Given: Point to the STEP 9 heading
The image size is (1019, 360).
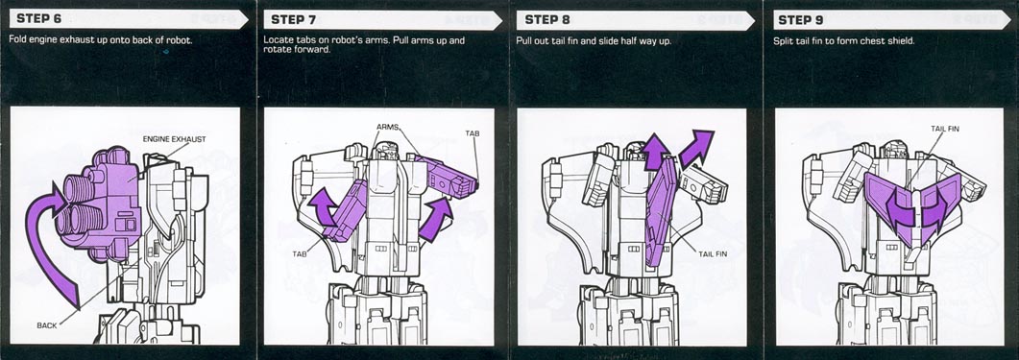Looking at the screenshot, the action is coord(800,19).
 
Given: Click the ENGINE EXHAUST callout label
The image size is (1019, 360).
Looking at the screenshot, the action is coord(174,139).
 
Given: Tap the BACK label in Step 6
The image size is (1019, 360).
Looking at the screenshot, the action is coord(47,324).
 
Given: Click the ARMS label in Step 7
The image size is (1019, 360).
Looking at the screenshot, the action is coord(387,127).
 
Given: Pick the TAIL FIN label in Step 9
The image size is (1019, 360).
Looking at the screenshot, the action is coord(944,129).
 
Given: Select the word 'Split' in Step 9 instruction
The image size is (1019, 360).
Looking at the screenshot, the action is coord(783,40).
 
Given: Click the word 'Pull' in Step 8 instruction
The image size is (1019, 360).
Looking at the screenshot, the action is coord(524,40).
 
